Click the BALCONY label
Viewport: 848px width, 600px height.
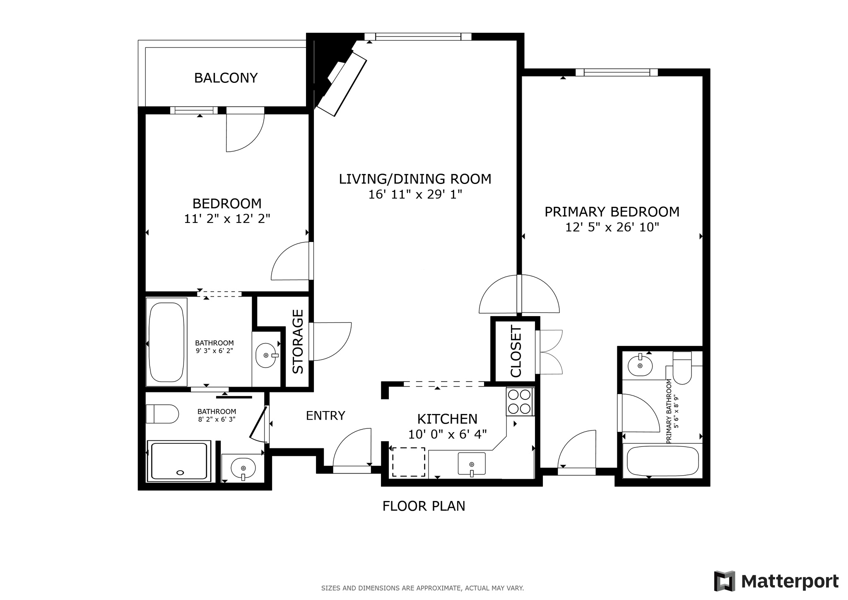(x=226, y=78)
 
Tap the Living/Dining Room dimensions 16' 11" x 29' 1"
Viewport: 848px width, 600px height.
(x=415, y=194)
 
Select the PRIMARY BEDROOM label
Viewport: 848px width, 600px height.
(x=612, y=212)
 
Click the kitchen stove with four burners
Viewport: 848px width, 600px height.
(x=520, y=402)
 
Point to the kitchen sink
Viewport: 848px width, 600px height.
(x=471, y=463)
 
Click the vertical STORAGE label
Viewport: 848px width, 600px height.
(x=298, y=341)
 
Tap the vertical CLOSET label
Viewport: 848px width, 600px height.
(x=516, y=351)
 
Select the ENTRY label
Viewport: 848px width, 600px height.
(x=325, y=416)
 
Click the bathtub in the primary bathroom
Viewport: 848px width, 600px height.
(x=662, y=461)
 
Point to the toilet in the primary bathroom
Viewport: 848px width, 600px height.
(x=682, y=368)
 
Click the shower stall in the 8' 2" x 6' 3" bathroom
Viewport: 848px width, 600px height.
(x=179, y=461)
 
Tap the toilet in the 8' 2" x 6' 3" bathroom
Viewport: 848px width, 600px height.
(x=162, y=414)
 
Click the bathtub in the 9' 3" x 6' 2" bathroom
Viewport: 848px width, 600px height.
(x=166, y=342)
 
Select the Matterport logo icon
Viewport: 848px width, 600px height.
(x=724, y=581)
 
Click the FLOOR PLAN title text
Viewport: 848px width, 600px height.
(x=424, y=506)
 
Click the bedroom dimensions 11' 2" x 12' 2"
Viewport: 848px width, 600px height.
(x=227, y=219)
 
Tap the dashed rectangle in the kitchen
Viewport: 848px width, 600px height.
(x=409, y=462)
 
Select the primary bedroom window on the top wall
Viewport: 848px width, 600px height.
(x=617, y=73)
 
